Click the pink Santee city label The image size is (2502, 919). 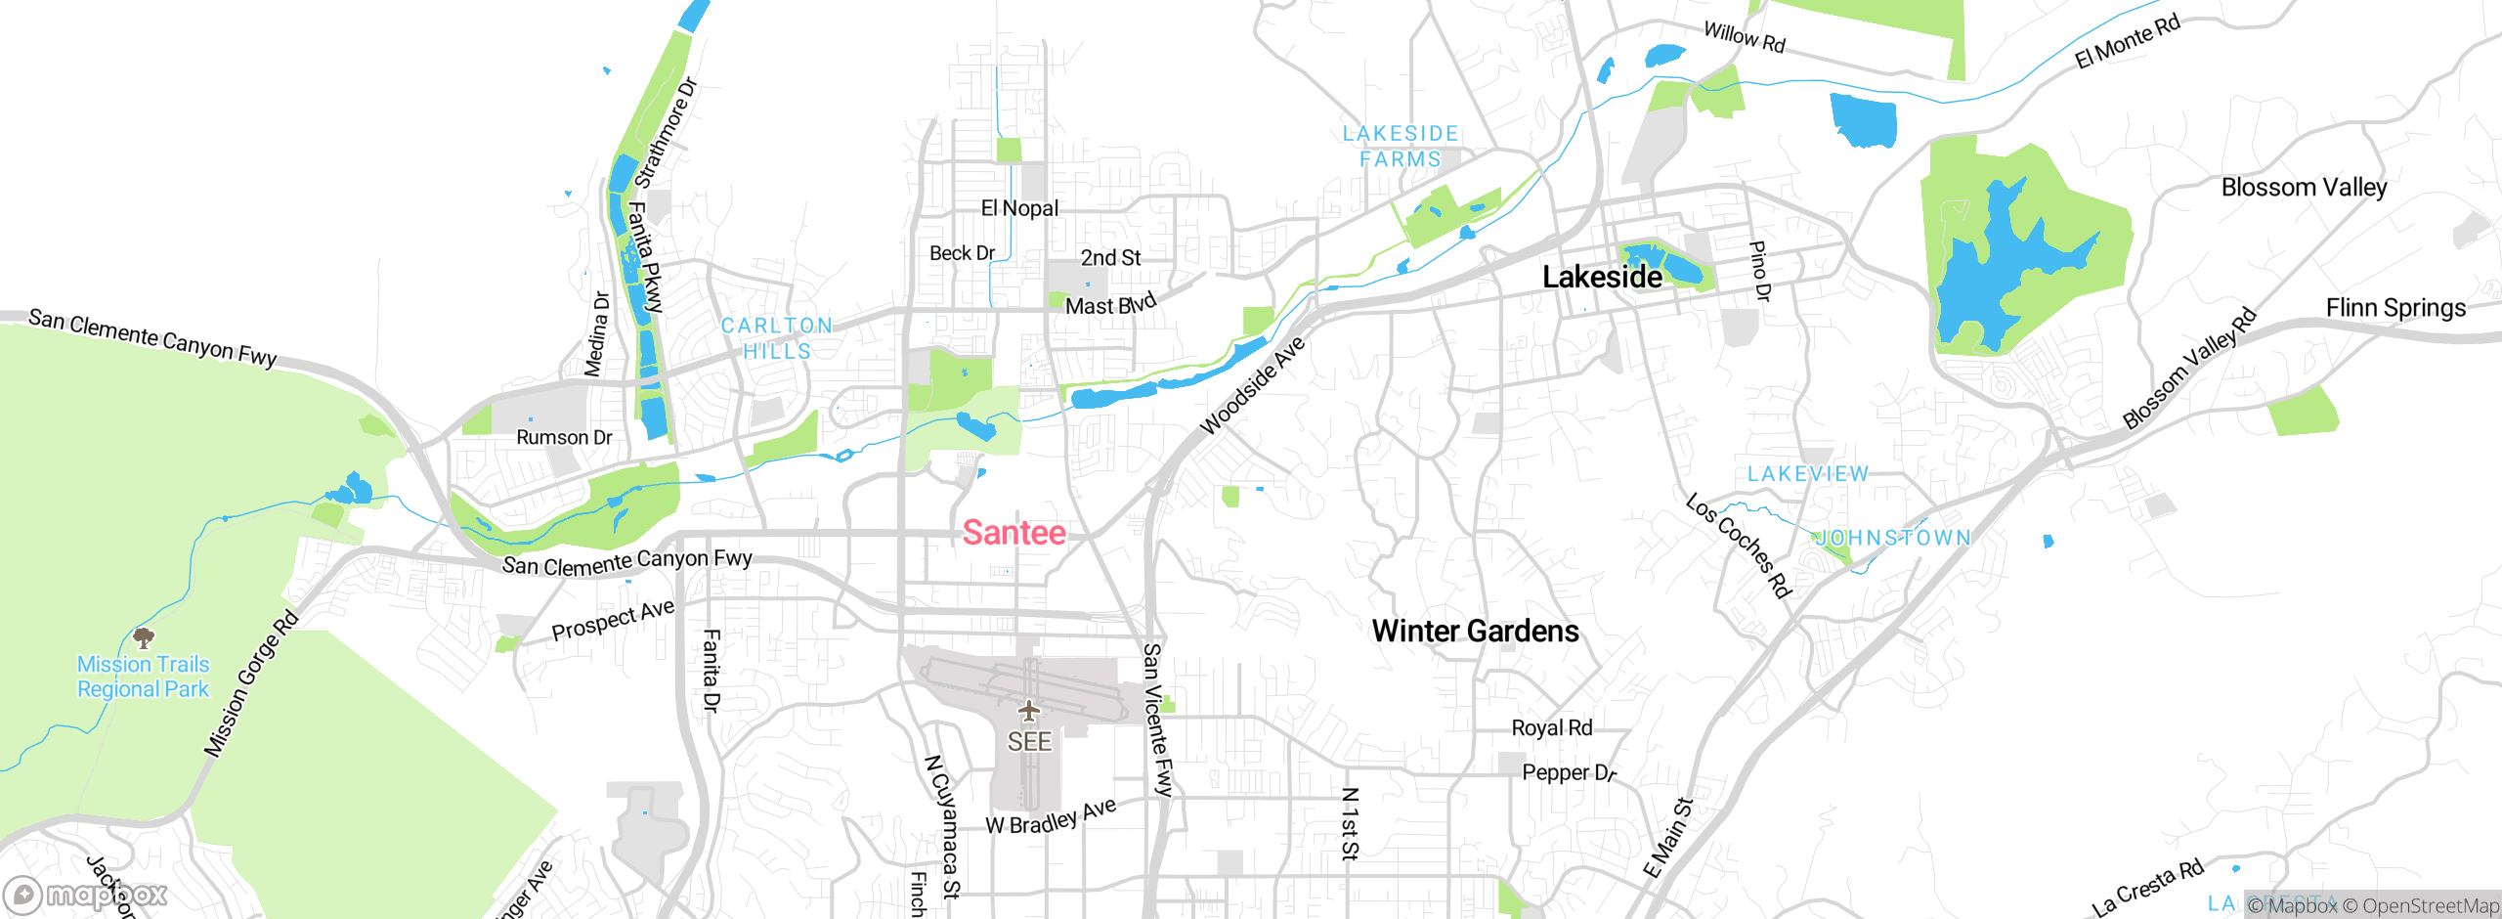[x=1014, y=533]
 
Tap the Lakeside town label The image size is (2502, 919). [x=1601, y=277]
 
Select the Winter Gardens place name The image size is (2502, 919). [x=1475, y=632]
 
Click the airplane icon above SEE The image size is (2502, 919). [x=1028, y=710]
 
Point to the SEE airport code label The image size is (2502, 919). [x=1029, y=742]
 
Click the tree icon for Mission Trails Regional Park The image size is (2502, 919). [x=144, y=638]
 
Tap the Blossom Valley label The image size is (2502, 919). [x=2304, y=187]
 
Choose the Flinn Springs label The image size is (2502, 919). [x=2395, y=308]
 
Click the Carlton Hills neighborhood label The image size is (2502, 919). [x=777, y=338]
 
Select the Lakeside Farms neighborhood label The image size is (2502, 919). [x=1401, y=147]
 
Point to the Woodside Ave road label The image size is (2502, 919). [x=1252, y=385]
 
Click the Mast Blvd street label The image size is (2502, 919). [x=1110, y=305]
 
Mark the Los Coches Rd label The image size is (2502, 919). [x=1739, y=546]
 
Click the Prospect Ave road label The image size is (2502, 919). [x=613, y=621]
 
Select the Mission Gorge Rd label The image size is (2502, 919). [x=250, y=683]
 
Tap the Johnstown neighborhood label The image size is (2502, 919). [x=1893, y=538]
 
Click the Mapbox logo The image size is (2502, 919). [x=85, y=895]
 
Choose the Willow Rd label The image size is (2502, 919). [x=1745, y=37]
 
